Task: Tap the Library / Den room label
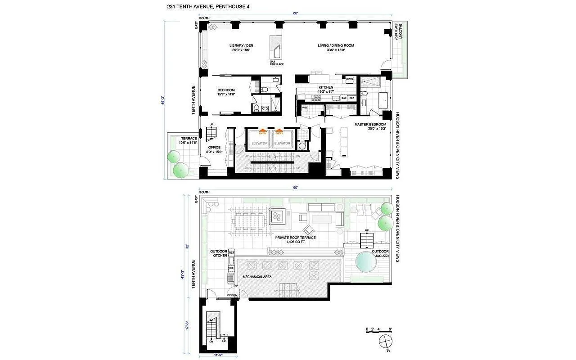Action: click(241, 48)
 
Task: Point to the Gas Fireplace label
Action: click(277, 63)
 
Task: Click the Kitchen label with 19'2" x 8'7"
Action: click(326, 89)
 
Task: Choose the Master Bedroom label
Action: click(370, 126)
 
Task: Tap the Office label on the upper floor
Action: click(214, 149)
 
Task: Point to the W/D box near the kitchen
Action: click(304, 108)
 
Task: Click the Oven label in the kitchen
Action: click(350, 79)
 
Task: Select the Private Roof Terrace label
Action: click(296, 240)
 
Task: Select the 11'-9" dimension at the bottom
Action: click(218, 355)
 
